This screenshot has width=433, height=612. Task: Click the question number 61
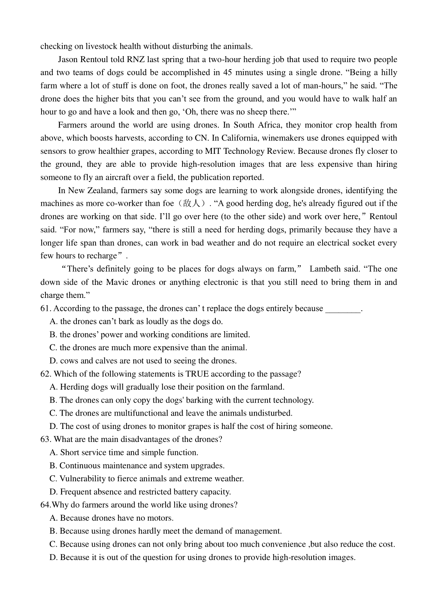click(x=45, y=308)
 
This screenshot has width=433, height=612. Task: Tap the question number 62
click(x=46, y=374)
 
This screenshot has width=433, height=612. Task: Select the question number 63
click(x=46, y=439)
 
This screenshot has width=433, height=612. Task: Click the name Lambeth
click(x=325, y=269)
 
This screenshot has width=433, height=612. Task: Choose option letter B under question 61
click(x=53, y=334)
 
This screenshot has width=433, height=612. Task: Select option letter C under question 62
click(x=53, y=413)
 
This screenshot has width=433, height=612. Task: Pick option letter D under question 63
click(x=53, y=492)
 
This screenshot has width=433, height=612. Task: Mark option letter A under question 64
click(x=53, y=518)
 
